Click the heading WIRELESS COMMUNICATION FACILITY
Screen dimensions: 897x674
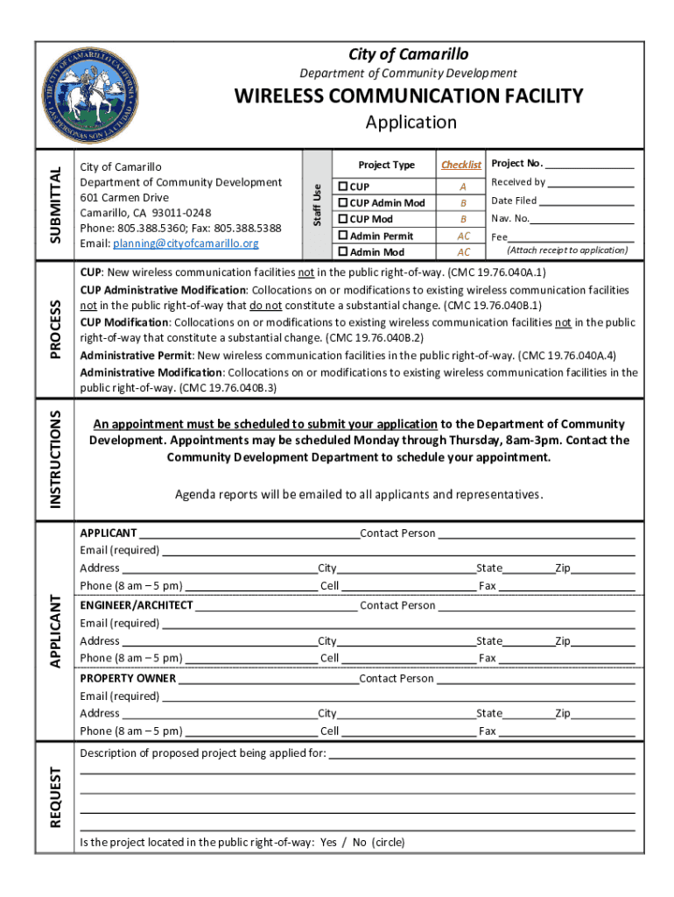[407, 95]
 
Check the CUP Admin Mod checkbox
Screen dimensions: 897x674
[344, 203]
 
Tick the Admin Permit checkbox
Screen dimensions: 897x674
[344, 236]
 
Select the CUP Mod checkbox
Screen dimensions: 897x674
[344, 219]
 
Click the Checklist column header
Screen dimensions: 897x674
[461, 165]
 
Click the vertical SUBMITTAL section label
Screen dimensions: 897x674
[55, 205]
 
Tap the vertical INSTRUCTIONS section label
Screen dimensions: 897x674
[55, 457]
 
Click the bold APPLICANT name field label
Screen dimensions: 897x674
[109, 533]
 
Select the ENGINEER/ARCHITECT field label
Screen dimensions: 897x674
[137, 605]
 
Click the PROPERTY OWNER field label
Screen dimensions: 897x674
[128, 678]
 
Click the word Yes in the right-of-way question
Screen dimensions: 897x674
[328, 843]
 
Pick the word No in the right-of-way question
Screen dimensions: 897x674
[359, 843]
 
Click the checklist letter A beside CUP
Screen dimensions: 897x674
[463, 187]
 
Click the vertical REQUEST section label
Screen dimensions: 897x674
[55, 797]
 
